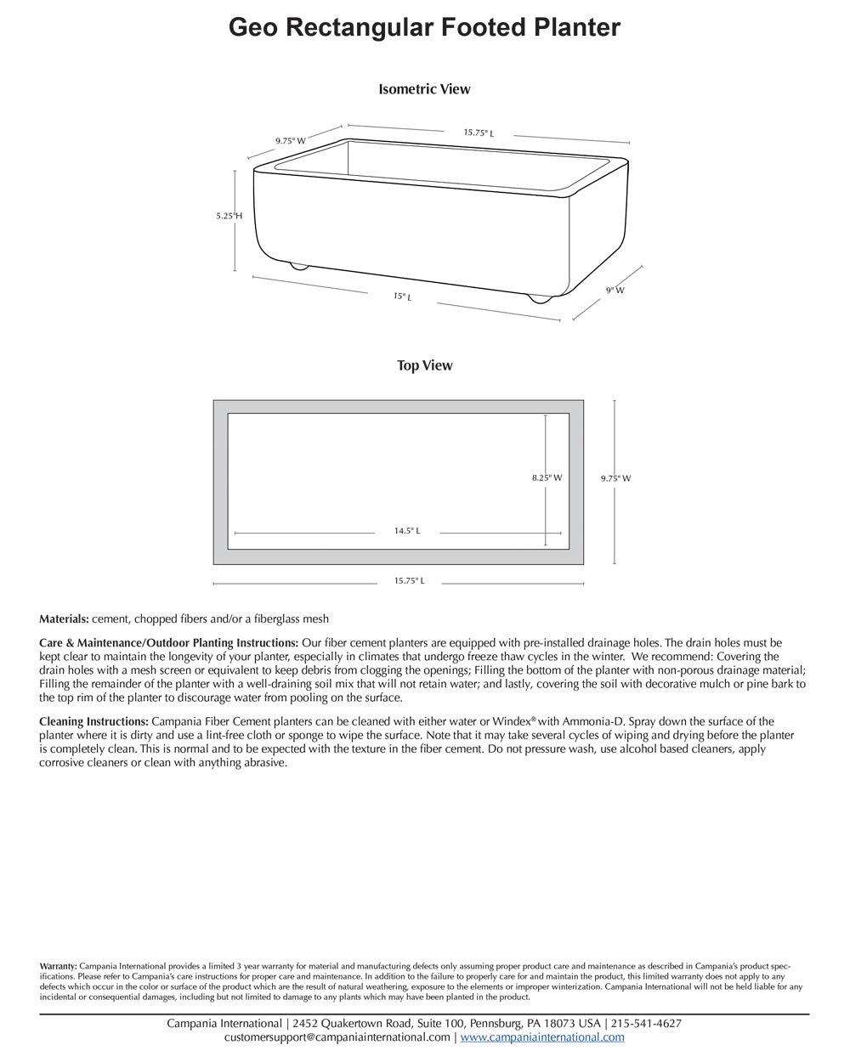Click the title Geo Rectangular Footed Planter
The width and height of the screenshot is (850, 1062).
424,28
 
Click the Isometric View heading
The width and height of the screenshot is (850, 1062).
424,89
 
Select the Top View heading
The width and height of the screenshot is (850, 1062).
424,366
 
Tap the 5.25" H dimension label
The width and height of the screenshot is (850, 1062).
229,217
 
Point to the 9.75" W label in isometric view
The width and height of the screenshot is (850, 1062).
290,141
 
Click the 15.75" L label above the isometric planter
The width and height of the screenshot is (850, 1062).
479,133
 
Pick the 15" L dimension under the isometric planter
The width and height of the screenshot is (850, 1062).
402,297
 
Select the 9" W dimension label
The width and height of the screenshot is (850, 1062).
615,291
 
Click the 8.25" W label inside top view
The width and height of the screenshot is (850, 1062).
547,478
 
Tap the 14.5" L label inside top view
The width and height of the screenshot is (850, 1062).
406,531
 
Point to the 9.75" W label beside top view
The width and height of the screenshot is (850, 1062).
615,479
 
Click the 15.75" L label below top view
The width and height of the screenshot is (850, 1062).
409,581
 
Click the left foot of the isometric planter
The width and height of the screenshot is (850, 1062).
298,266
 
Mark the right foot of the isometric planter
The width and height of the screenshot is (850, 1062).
539,299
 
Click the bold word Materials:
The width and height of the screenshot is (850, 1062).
64,619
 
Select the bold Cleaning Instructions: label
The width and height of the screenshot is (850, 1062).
93,722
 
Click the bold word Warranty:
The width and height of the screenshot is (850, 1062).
58,966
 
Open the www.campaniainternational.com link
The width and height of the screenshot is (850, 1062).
542,1037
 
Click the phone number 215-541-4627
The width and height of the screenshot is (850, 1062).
646,1024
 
